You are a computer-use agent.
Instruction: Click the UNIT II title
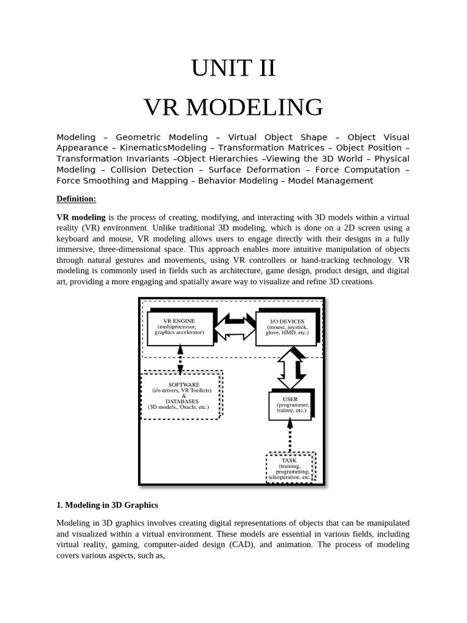coord(233,68)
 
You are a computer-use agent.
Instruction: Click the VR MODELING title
coord(233,107)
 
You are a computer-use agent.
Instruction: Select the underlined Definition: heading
coord(76,199)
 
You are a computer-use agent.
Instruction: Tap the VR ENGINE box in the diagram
coord(180,327)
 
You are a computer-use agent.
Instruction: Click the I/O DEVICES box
coord(287,327)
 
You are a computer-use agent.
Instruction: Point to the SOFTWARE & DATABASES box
coord(180,395)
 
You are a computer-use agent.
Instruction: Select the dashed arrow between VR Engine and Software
coord(180,359)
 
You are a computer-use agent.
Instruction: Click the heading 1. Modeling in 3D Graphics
coord(107,505)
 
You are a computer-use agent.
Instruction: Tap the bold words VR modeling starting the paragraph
coord(81,217)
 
